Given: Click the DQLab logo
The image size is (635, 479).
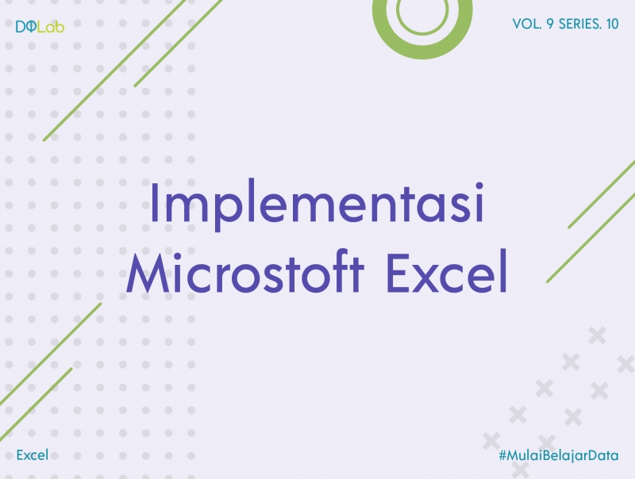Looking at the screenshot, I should (40, 26).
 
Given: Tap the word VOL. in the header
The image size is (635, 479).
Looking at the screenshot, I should (526, 25).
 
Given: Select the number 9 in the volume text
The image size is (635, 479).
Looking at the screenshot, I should (550, 25).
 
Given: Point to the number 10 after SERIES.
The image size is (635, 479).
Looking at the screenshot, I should (612, 25).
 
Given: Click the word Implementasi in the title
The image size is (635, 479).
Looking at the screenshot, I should (317, 204).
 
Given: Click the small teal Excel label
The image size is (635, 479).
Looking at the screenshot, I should (33, 454).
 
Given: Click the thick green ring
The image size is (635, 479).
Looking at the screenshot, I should (421, 17).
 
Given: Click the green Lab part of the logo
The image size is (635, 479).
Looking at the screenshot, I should (52, 26).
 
